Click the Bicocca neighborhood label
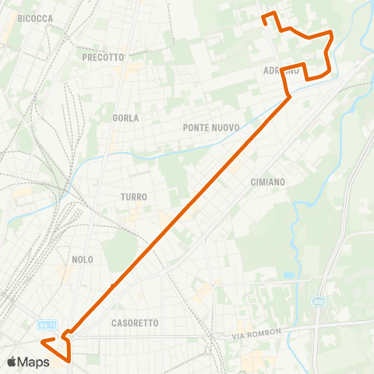[x=35, y=17]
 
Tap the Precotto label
[x=103, y=57]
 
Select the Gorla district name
[x=125, y=118]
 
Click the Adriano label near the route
[x=281, y=70]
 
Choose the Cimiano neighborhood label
[x=268, y=182]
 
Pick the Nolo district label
[x=82, y=259]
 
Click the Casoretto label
[x=135, y=323]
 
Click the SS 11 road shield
[x=47, y=324]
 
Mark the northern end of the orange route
[x=264, y=17]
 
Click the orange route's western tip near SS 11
[x=43, y=341]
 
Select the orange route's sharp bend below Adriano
[x=289, y=96]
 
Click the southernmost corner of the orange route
[x=69, y=360]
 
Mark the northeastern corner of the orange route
[x=333, y=32]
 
